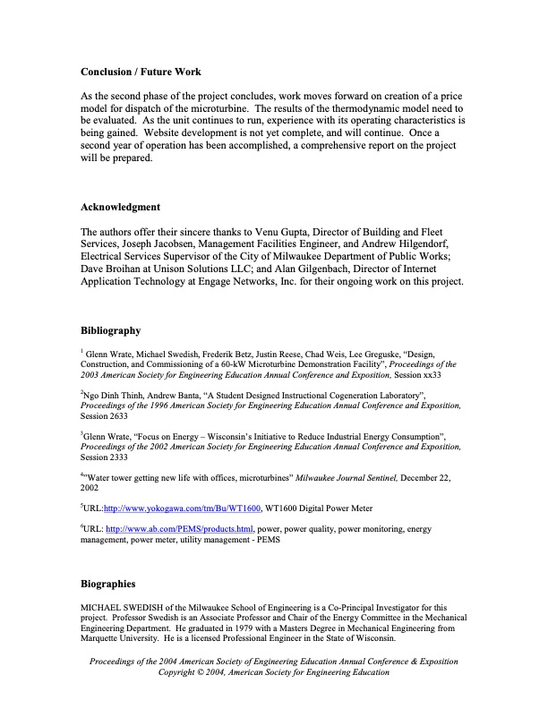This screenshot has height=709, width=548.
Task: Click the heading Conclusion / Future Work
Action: point(141,72)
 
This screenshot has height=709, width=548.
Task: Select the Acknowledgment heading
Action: point(120,207)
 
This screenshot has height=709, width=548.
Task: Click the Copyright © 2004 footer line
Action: point(273,672)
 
